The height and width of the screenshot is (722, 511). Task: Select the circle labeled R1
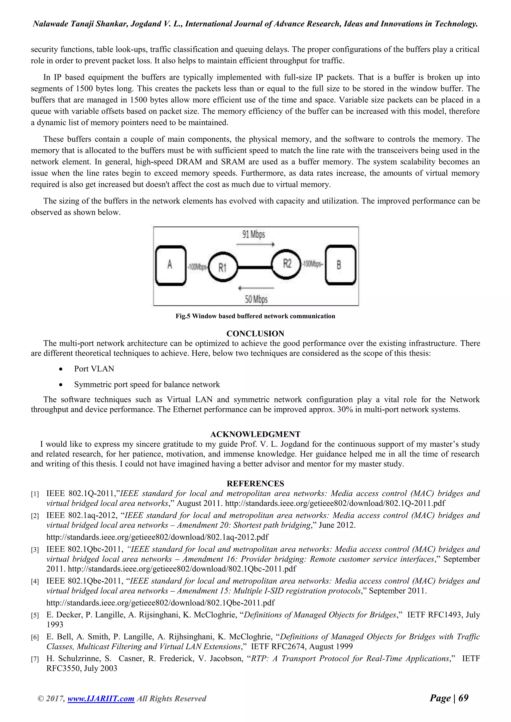click(223, 267)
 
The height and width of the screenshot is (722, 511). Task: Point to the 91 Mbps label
click(254, 234)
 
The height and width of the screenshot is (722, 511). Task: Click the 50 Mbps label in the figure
click(256, 299)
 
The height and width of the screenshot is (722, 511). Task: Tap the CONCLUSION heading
click(255, 334)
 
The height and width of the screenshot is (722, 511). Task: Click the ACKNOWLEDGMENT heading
click(255, 434)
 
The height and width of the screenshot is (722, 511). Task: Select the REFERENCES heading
click(255, 484)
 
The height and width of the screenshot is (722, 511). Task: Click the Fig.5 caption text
click(255, 316)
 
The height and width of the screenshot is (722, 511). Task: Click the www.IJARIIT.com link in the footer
click(101, 708)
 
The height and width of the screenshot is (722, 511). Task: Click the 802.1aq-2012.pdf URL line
click(157, 537)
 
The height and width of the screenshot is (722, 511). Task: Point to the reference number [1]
click(35, 494)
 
